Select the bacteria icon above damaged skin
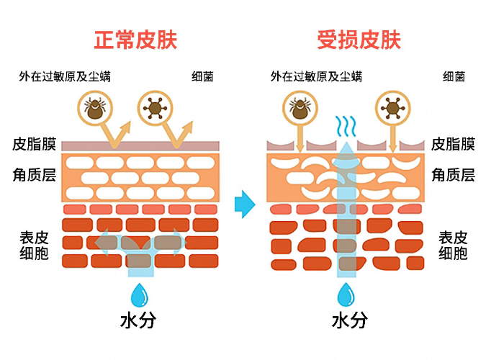[392, 108]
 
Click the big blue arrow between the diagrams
[245, 204]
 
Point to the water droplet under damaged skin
[347, 295]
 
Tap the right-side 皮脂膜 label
[453, 144]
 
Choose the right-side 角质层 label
[453, 174]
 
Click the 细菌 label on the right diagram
[454, 76]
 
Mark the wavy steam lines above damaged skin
[346, 127]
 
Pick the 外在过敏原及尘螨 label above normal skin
[66, 76]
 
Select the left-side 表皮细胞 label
[34, 245]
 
